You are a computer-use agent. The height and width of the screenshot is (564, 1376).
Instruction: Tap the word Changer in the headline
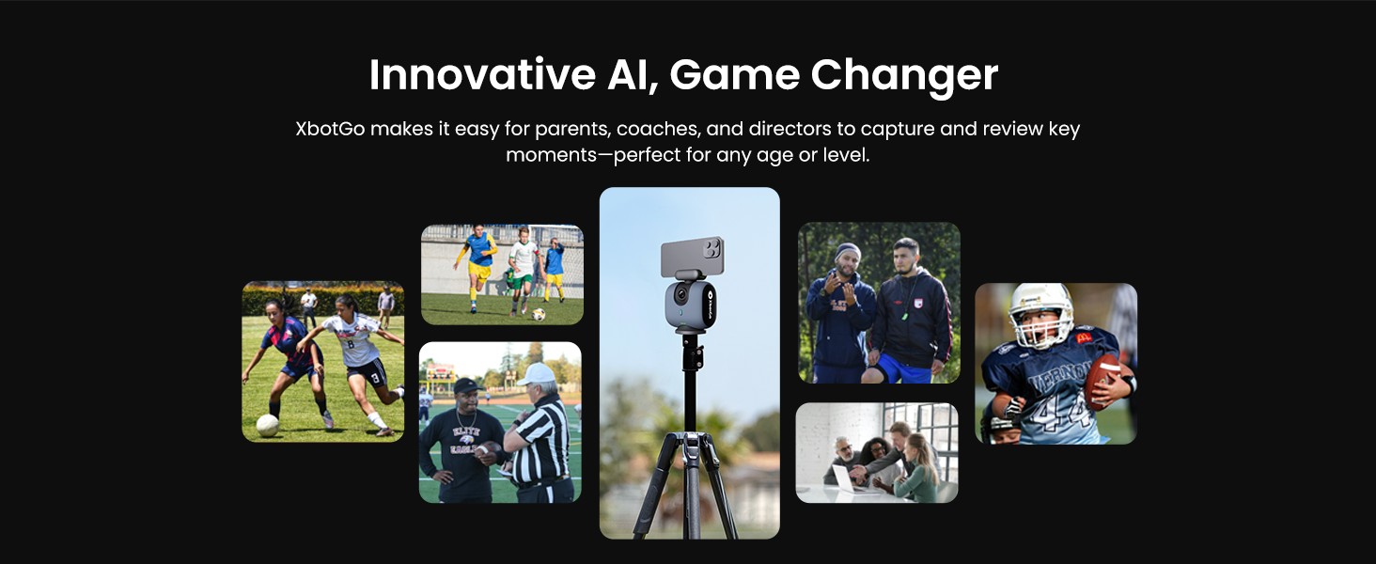pyautogui.click(x=903, y=74)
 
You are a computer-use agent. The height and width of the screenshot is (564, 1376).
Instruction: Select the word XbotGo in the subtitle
pyautogui.click(x=328, y=129)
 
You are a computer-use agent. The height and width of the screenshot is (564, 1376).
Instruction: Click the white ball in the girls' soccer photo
pyautogui.click(x=267, y=425)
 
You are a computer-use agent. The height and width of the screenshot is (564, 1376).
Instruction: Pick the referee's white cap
pyautogui.click(x=538, y=374)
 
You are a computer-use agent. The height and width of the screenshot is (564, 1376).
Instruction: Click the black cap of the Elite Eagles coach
pyautogui.click(x=467, y=386)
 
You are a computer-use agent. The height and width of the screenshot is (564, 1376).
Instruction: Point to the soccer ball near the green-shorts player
pyautogui.click(x=539, y=315)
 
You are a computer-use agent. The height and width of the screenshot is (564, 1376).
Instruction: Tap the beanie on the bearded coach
pyautogui.click(x=848, y=251)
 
